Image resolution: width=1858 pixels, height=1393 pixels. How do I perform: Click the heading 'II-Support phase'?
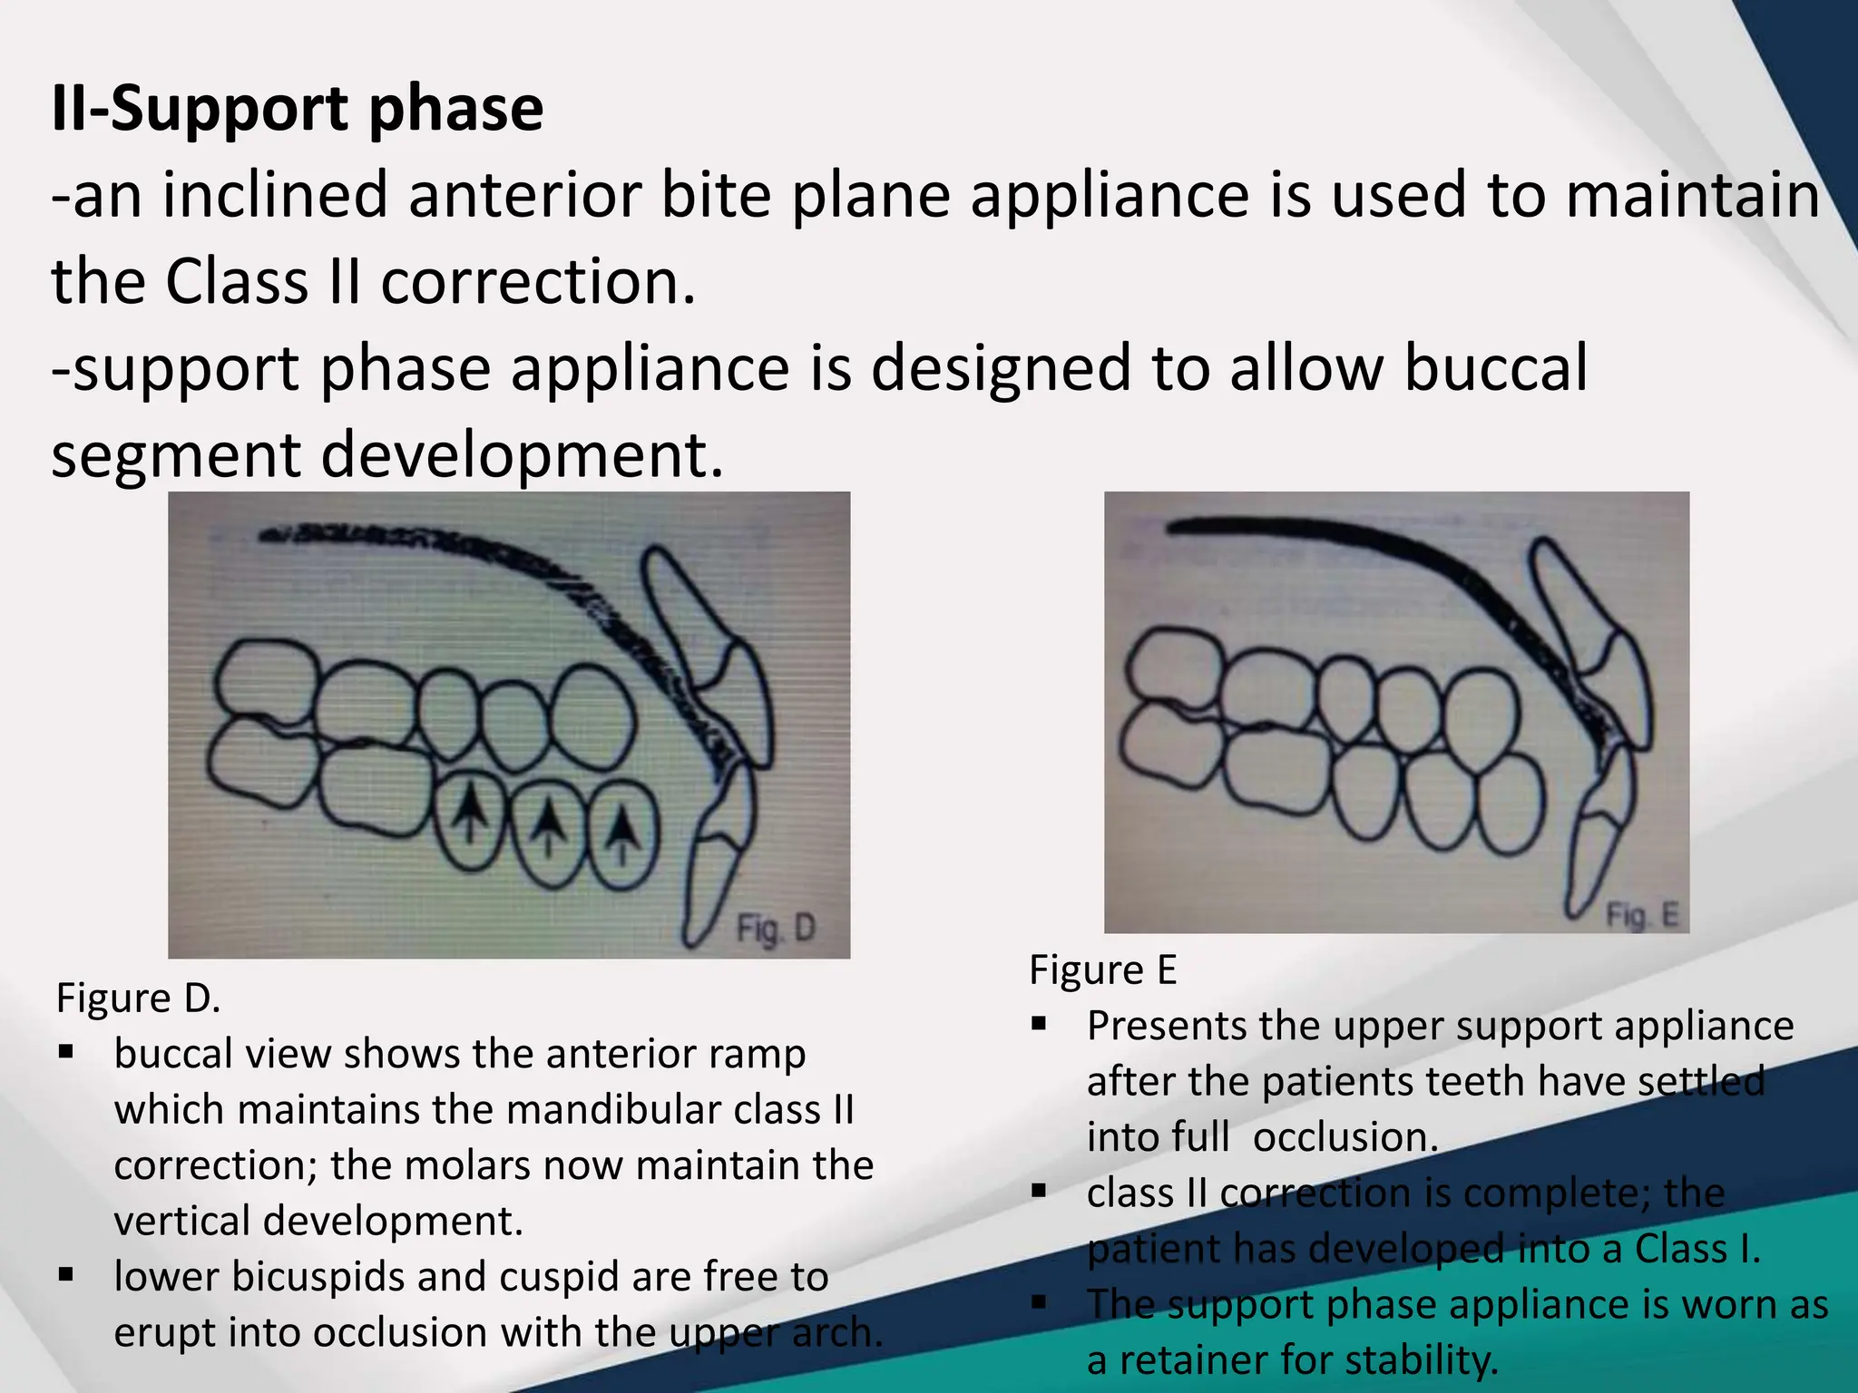(298, 109)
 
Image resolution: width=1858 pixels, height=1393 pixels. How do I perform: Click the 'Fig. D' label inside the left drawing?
(776, 929)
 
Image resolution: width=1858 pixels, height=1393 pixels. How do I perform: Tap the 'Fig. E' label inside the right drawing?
(1642, 915)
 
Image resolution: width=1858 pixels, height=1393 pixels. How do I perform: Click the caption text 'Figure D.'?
(138, 998)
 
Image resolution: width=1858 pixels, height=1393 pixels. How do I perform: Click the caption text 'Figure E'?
(1102, 970)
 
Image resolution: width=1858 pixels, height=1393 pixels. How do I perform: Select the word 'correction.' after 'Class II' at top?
(538, 282)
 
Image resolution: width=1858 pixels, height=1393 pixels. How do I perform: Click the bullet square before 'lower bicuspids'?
(65, 1275)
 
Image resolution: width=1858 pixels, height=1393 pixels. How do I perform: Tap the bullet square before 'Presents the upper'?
(1039, 1025)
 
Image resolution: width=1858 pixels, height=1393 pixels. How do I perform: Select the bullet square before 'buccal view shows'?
(65, 1053)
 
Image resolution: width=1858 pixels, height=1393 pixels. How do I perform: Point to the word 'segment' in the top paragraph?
(176, 455)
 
